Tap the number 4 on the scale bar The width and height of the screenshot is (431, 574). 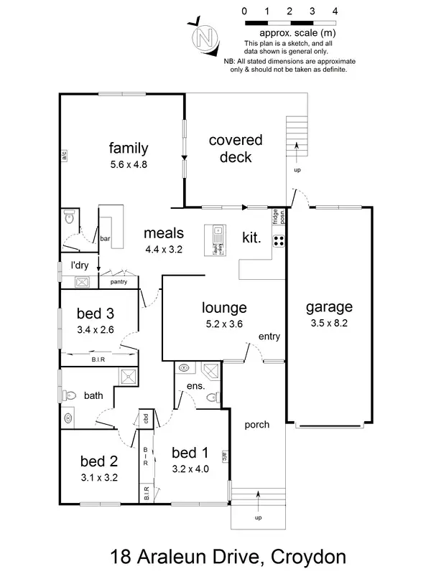pos(335,11)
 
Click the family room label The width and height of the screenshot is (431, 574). pos(129,149)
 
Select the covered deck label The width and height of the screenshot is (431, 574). pos(236,148)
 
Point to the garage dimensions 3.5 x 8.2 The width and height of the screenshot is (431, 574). pos(329,324)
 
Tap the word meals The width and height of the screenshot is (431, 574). pos(164,233)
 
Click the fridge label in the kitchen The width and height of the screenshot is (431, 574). pos(275,215)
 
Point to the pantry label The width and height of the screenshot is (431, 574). pos(119,283)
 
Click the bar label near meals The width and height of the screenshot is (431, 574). pos(105,238)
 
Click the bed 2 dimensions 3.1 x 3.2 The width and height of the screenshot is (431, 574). pos(98,476)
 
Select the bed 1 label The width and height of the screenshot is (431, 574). pos(190,453)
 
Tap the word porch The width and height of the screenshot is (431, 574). pos(256,425)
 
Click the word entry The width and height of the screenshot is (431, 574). pos(269,337)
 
